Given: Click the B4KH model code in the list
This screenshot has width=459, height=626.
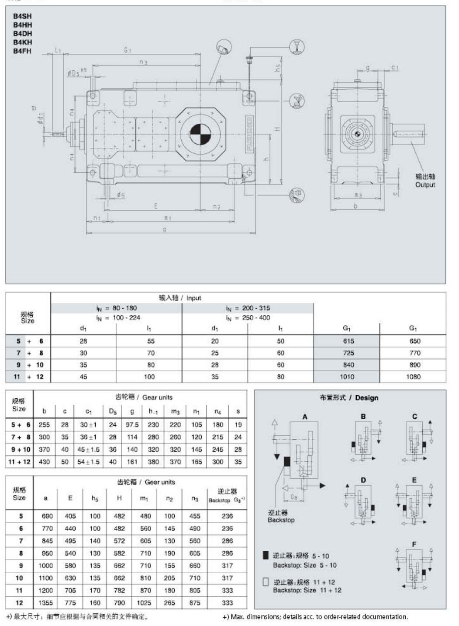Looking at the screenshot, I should tap(22, 42).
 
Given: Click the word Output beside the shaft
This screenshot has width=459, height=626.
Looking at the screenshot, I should tap(424, 184).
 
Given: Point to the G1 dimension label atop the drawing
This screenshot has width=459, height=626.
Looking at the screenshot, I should tap(127, 50).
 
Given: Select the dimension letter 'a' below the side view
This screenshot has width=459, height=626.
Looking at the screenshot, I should tap(164, 229).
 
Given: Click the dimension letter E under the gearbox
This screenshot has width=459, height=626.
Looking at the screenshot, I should tap(156, 206).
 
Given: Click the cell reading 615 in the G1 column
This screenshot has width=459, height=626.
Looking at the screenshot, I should tap(348, 341).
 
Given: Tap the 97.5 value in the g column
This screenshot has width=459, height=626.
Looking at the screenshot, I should tap(132, 424).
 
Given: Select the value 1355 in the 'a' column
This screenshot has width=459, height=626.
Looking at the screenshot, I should tap(45, 602).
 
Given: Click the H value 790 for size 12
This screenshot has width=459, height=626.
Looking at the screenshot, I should tap(119, 602).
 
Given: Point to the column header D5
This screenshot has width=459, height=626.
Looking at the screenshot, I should tap(113, 411).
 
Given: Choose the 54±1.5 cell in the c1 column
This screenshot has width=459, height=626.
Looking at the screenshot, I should tap(89, 462).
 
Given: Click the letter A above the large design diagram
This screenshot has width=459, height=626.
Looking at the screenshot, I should tap(305, 417).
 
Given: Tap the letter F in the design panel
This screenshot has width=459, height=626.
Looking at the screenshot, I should tap(414, 544).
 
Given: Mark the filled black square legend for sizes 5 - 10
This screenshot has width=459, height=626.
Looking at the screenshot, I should tap(266, 556).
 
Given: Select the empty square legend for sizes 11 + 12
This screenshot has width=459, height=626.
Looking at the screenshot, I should tap(266, 582).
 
